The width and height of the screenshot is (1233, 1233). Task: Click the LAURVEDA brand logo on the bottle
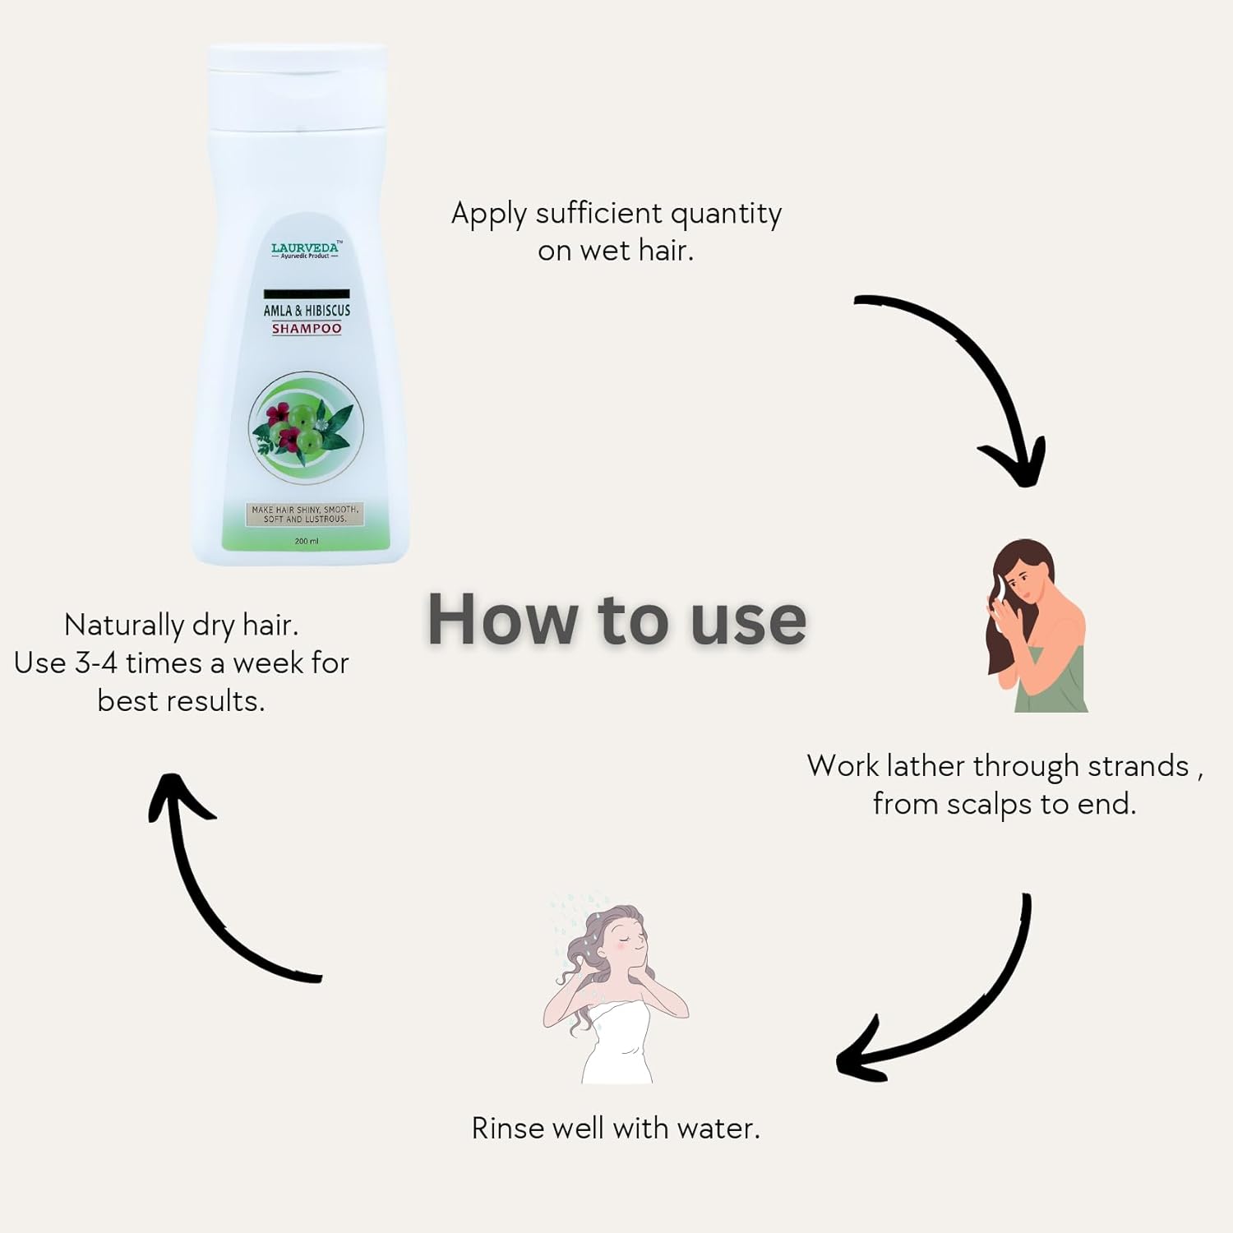click(x=306, y=250)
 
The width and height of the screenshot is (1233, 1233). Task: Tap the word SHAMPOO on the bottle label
click(x=307, y=329)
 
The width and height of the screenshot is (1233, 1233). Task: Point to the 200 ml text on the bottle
click(x=307, y=541)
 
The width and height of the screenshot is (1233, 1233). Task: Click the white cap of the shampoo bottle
click(x=297, y=87)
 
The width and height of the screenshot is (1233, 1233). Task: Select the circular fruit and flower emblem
click(x=307, y=428)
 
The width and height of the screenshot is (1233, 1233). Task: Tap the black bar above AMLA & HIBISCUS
click(x=307, y=293)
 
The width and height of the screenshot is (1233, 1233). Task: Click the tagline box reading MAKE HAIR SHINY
click(x=306, y=515)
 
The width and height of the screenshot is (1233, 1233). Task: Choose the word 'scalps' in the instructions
click(x=990, y=805)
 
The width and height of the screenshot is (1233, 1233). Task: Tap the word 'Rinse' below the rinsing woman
click(x=508, y=1128)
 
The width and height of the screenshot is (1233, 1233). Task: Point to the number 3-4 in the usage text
click(x=96, y=663)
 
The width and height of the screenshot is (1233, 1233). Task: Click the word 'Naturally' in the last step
click(x=124, y=626)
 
